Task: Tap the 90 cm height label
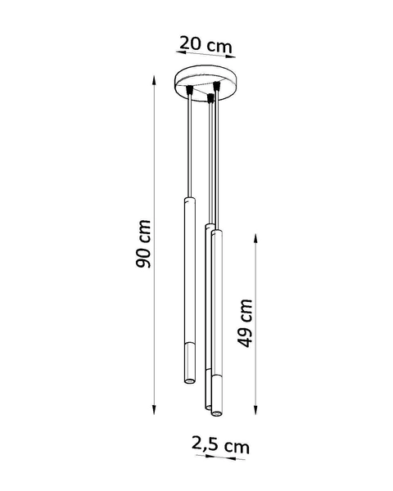144,245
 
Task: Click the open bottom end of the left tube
187,381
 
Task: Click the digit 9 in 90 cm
144,260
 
